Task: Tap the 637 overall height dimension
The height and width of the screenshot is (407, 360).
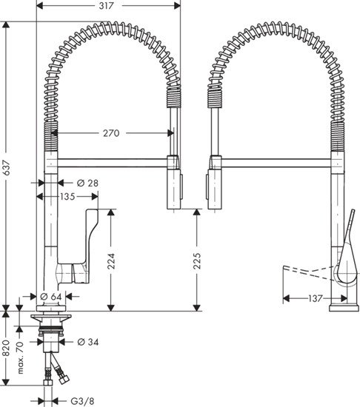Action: click(x=7, y=169)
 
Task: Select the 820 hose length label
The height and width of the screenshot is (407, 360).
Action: click(x=7, y=350)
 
